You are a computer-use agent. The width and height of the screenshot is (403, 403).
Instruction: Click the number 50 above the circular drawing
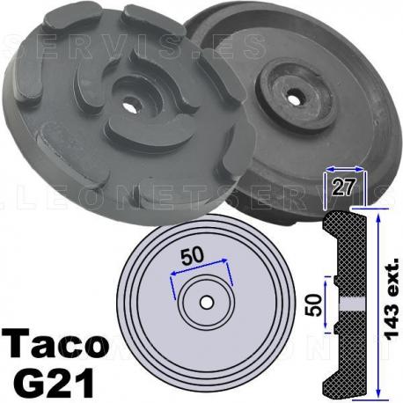[x=199, y=255]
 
